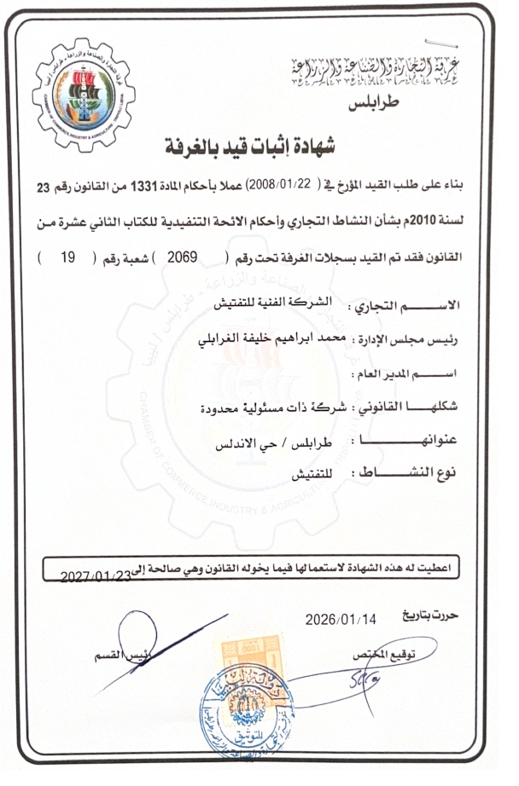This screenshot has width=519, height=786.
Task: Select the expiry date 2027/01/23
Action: [x=96, y=576]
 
